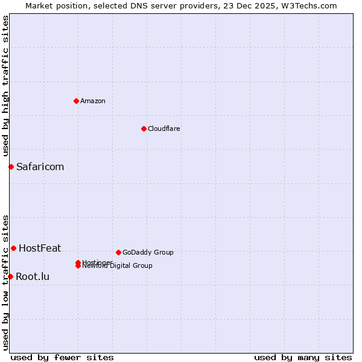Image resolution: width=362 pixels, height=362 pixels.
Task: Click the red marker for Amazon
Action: pyautogui.click(x=76, y=101)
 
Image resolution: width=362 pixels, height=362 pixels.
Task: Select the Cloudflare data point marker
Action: pyautogui.click(x=144, y=129)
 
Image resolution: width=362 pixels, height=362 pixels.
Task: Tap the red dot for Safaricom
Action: pyautogui.click(x=11, y=167)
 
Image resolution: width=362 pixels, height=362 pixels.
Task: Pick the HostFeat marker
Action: pyautogui.click(x=13, y=248)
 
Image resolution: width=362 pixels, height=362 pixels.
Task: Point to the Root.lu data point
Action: pyautogui.click(x=10, y=276)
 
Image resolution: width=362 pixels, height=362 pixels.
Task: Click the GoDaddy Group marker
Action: pyautogui.click(x=118, y=252)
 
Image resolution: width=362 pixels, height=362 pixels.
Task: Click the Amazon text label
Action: pyautogui.click(x=93, y=101)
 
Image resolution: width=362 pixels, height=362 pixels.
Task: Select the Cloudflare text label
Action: pyautogui.click(x=164, y=129)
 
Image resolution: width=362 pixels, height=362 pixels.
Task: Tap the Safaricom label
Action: pyautogui.click(x=40, y=167)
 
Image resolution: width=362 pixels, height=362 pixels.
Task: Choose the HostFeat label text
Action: pyautogui.click(x=40, y=248)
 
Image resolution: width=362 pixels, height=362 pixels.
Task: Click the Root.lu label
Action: pyautogui.click(x=33, y=276)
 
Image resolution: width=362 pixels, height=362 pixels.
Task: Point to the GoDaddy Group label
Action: pyautogui.click(x=148, y=252)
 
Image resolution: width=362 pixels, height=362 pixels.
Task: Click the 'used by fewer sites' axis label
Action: pyautogui.click(x=62, y=357)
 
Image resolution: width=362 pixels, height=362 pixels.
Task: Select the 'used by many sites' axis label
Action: pyautogui.click(x=303, y=357)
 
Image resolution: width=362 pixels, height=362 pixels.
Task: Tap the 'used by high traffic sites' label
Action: pyautogui.click(x=5, y=86)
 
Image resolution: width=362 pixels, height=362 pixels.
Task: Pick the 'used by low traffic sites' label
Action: pyautogui.click(x=5, y=282)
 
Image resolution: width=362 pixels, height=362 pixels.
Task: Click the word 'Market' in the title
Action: pyautogui.click(x=38, y=5)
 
